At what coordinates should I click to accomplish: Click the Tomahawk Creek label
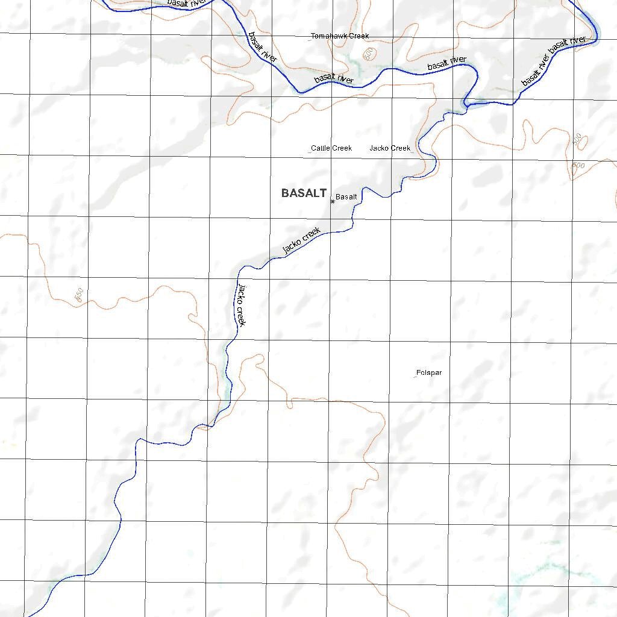(x=340, y=36)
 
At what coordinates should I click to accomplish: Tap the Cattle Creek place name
(x=331, y=148)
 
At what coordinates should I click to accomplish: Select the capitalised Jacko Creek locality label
(x=390, y=148)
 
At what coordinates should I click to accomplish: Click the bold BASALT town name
(x=304, y=193)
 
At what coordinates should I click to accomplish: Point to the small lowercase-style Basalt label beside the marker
(x=346, y=197)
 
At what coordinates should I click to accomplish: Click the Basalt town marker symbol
(x=333, y=202)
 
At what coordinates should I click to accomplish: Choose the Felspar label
(x=429, y=373)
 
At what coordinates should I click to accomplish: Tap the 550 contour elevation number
(x=78, y=295)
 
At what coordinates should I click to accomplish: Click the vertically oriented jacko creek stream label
(x=242, y=304)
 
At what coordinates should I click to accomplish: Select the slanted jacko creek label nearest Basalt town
(x=301, y=240)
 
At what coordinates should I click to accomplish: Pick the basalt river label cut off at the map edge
(x=187, y=4)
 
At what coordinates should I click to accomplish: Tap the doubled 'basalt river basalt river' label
(x=553, y=60)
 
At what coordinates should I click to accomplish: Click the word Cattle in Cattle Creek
(x=321, y=148)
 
